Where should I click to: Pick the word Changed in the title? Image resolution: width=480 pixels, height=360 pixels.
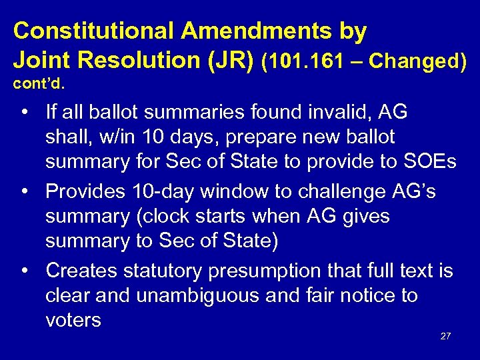417,61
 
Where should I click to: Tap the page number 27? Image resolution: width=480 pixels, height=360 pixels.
445,336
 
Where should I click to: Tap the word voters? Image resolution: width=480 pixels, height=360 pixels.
73,321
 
